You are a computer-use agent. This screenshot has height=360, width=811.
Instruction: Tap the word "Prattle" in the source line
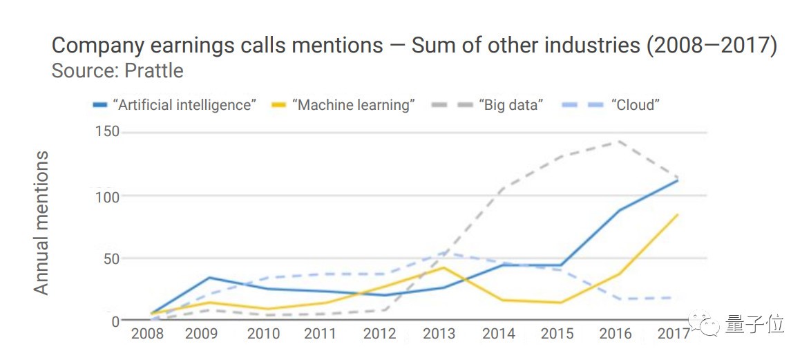tap(159, 70)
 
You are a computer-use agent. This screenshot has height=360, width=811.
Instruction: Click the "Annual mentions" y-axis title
tap(42, 222)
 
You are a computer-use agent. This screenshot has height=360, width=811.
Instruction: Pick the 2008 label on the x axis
tap(147, 334)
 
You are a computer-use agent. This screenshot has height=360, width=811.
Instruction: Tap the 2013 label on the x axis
tap(439, 334)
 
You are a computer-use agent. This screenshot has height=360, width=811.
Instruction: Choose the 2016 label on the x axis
tap(616, 334)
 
